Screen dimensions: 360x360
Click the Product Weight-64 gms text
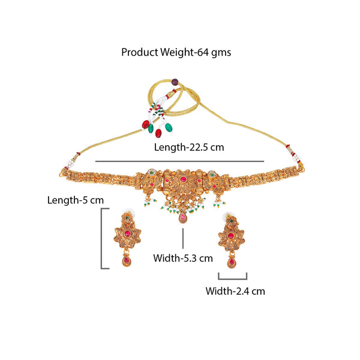click(x=176, y=53)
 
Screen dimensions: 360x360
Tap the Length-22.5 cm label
click(x=189, y=148)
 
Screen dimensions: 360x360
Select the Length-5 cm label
click(x=76, y=200)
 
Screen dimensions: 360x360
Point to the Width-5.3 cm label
click(x=183, y=258)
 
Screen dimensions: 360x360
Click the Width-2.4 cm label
click(x=235, y=292)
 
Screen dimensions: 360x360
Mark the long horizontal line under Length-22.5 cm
click(x=179, y=161)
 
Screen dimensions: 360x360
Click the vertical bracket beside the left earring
click(x=102, y=238)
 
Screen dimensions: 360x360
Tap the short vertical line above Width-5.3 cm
click(x=183, y=238)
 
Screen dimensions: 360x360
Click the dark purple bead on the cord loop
click(x=175, y=82)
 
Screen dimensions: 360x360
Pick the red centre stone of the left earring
click(x=127, y=234)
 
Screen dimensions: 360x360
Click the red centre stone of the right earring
click(x=230, y=236)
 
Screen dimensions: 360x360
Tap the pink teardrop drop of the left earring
click(x=126, y=260)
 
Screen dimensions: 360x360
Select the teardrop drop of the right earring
click(x=231, y=262)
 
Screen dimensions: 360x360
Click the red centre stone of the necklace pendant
click(x=183, y=179)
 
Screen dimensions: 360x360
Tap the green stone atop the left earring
click(x=127, y=217)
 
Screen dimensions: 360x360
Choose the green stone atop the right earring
click(x=232, y=221)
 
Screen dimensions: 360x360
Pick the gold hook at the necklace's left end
click(x=62, y=173)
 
